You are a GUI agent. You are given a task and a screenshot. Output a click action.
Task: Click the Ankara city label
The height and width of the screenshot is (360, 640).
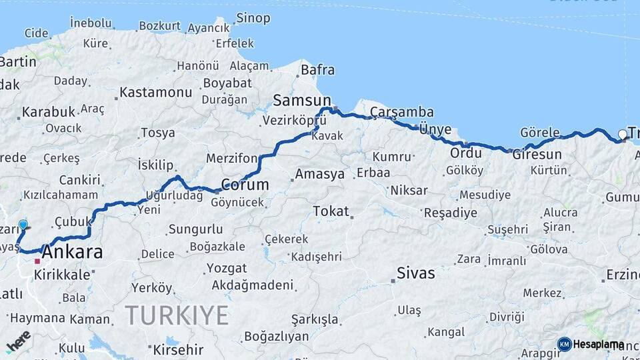[73, 253]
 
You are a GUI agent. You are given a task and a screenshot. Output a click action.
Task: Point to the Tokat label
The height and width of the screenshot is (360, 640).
[331, 211]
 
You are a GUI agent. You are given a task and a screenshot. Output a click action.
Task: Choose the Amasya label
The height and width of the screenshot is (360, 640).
[320, 174]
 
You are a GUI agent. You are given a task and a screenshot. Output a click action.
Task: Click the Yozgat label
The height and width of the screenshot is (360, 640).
[226, 268]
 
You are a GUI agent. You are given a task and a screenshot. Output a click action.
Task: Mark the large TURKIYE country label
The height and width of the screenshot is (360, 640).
[177, 314]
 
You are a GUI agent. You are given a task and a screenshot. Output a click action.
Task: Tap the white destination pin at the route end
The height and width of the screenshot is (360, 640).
[623, 135]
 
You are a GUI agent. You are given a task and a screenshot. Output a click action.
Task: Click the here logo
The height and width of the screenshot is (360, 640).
[18, 341]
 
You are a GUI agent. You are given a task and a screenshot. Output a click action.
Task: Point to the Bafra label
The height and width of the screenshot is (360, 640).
[318, 70]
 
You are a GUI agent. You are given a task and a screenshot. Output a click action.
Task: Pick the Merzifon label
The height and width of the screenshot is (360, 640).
[231, 159]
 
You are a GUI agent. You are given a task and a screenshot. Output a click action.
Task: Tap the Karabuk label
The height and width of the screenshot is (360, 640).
[49, 112]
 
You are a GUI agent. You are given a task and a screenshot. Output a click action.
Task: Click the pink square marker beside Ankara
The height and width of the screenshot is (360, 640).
[37, 261]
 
